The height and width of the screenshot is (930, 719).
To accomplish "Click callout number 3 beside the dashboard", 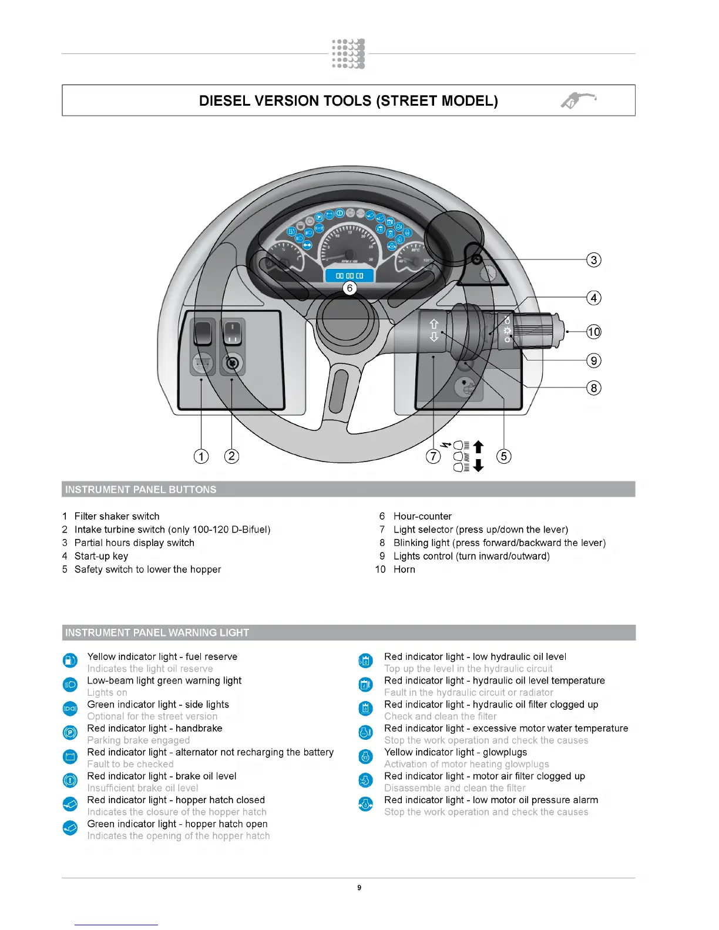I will coord(594,260).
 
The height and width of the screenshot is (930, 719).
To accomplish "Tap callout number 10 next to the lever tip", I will coord(594,332).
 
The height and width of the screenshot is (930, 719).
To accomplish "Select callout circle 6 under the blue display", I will coord(350,288).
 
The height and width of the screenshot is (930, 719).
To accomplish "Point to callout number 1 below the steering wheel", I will coord(201,456).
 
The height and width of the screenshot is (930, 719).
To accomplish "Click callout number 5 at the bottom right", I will coord(503,456).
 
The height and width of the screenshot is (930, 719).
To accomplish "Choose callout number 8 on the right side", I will coord(594,387).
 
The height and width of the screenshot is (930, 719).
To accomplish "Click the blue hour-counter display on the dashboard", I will coord(350,275).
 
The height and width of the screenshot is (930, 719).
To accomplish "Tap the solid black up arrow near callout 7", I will coord(478,447).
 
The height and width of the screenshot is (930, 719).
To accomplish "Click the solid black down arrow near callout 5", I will coord(478,466).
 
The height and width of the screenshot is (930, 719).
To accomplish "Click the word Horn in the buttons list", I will coord(404,570).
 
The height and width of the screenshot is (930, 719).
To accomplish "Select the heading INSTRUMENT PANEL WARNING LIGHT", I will coord(157,632).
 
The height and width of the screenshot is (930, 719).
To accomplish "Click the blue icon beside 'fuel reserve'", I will coord(70,661).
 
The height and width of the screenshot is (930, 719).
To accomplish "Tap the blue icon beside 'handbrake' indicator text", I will coord(70,732).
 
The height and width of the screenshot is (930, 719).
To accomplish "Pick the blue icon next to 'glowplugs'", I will coord(365,756).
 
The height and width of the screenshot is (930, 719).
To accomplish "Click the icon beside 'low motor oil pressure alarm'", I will coord(365,804).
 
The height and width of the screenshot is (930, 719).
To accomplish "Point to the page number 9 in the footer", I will coord(359,888).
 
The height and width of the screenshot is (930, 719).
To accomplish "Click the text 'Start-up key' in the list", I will coord(101,556).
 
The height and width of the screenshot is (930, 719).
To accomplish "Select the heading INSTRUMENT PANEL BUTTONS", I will coord(140,490).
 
